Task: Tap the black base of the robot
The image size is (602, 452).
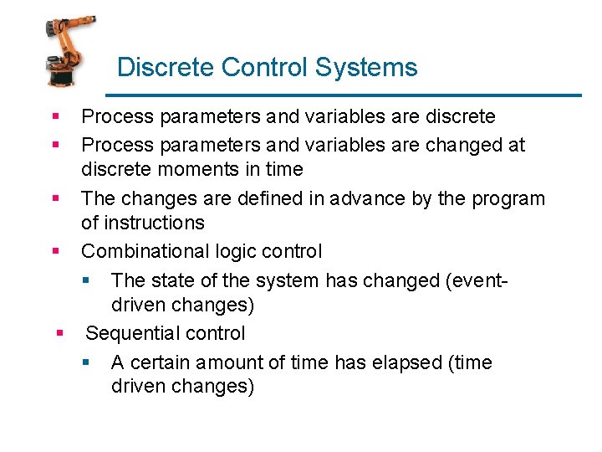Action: click(x=61, y=78)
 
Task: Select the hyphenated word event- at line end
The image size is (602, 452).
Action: click(x=478, y=280)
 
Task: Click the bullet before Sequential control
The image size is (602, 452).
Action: click(x=60, y=333)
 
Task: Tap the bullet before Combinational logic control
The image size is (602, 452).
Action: click(x=55, y=251)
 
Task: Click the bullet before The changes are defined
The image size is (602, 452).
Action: click(x=55, y=198)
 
